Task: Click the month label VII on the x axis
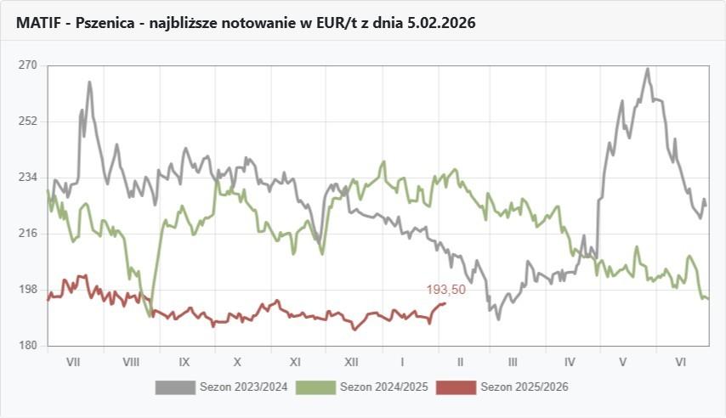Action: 73,362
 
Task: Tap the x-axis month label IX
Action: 184,362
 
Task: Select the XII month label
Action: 350,362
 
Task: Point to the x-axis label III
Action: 513,362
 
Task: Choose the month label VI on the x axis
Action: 680,362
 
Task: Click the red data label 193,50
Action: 445,290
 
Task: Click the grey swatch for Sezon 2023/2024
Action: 174,387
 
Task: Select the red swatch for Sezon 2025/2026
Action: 455,387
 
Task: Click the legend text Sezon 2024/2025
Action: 383,387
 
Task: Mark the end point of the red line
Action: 445,303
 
